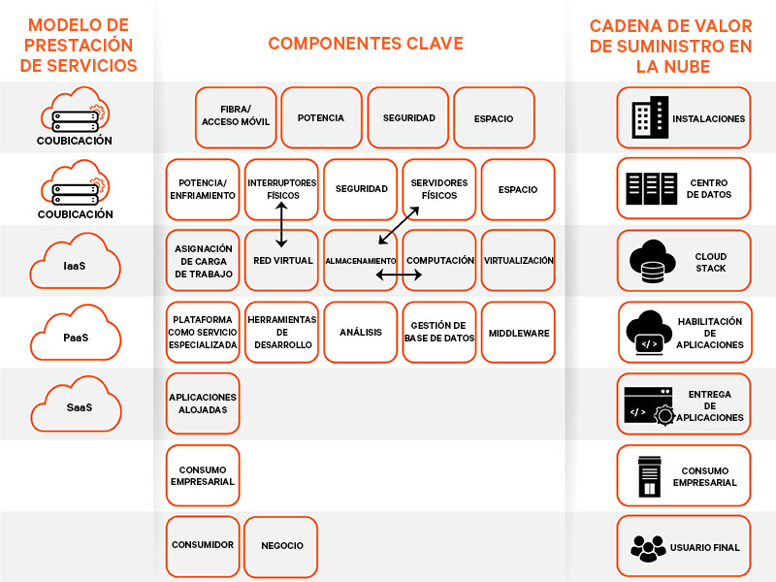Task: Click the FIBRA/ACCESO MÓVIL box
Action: (236, 117)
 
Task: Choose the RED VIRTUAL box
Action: (281, 261)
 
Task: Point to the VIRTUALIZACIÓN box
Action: (518, 261)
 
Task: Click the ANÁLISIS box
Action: (360, 333)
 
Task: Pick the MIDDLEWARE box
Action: (518, 333)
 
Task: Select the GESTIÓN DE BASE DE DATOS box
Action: (439, 333)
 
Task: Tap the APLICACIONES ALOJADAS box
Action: (203, 404)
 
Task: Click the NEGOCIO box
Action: (281, 546)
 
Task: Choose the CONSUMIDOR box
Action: (203, 546)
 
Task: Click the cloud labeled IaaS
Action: (75, 262)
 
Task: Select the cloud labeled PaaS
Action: (75, 336)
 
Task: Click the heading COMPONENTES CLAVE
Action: (366, 44)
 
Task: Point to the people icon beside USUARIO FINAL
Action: (648, 548)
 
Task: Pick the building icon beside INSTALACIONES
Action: (649, 118)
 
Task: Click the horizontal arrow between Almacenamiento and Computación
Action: (399, 276)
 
